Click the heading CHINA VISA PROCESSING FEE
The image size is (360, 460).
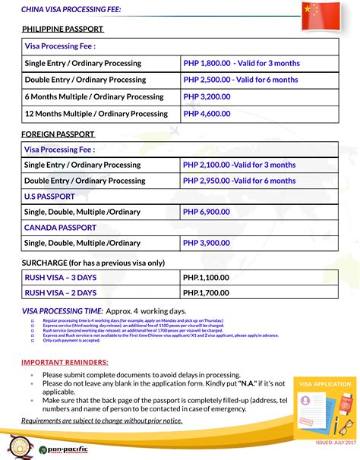point(71,9)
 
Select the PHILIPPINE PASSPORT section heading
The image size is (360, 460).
point(62,29)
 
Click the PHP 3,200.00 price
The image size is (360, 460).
point(207,97)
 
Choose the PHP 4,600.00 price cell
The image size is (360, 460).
point(207,114)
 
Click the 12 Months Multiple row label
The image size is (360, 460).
point(96,114)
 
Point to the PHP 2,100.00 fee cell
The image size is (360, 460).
point(238,165)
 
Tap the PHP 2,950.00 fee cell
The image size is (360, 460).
point(238,181)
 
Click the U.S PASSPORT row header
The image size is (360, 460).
point(49,197)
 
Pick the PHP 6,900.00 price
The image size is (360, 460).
point(207,212)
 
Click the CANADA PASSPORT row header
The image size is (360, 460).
point(60,228)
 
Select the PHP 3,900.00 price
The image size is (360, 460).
point(207,243)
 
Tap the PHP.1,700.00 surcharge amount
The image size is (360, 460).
point(206,292)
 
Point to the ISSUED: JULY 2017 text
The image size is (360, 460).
point(335,442)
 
